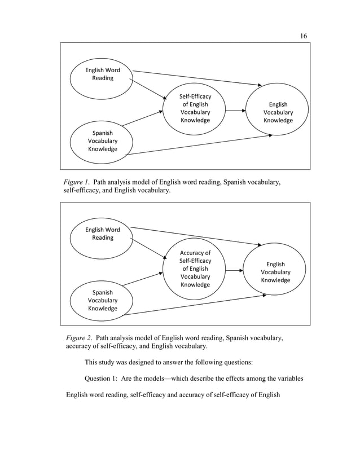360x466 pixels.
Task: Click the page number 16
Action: tap(303, 36)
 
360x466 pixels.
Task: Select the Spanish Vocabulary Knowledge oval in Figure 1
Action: tap(102, 141)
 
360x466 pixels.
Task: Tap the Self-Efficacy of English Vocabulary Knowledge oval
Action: tap(195, 109)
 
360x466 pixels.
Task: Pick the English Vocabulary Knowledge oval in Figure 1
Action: tap(278, 112)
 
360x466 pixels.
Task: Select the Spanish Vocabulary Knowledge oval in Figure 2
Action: tap(102, 300)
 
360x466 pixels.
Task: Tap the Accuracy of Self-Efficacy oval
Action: tap(195, 269)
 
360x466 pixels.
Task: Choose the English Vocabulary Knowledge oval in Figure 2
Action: tap(275, 272)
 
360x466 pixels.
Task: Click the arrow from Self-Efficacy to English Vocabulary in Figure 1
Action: tap(236, 112)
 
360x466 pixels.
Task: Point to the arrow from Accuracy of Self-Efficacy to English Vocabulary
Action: tap(234, 271)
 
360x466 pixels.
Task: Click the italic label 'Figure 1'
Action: tap(76, 182)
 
